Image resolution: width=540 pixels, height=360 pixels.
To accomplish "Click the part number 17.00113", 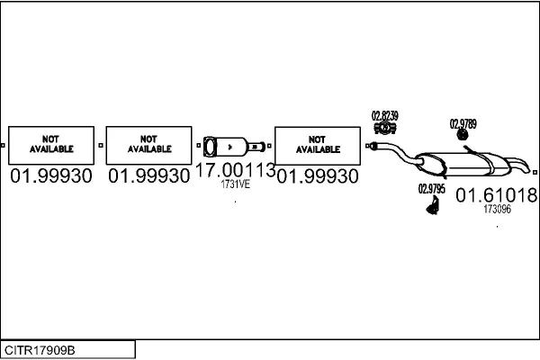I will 235,171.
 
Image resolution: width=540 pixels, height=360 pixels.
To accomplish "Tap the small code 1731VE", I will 235,185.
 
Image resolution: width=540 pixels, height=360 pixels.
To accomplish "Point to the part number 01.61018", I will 496,194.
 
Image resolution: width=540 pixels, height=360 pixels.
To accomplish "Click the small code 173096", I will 497,209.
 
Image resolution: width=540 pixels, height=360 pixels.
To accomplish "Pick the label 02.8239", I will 385,115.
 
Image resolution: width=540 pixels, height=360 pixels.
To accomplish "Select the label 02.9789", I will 463,123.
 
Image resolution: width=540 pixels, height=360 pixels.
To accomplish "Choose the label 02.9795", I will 432,189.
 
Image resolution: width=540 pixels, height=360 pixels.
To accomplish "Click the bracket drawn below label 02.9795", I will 432,206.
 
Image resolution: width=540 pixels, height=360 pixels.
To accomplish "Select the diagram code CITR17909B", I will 40,349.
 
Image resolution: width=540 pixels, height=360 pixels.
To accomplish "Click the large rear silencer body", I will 472,163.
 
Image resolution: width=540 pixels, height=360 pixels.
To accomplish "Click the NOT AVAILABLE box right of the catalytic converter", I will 317,144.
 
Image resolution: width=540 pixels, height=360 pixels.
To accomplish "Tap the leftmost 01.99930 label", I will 51,176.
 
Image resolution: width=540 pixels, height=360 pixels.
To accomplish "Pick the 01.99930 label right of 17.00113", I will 317,176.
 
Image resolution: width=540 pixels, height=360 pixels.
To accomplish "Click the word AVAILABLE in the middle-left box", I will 149,149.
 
